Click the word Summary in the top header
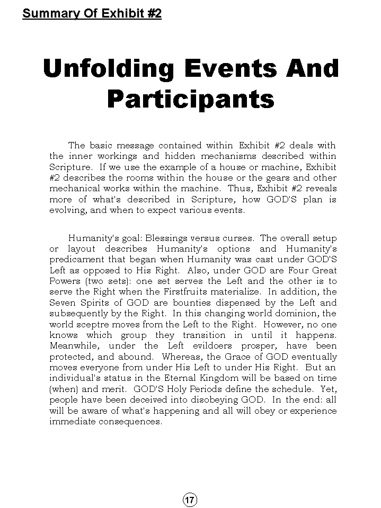tap(47, 13)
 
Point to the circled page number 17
tap(190, 500)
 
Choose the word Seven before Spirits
tap(63, 302)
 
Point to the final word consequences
tap(134, 422)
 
